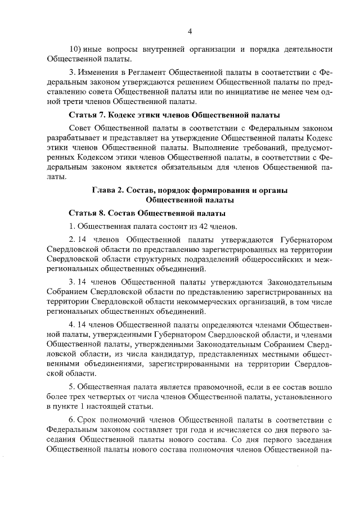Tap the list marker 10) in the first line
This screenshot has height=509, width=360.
(x=74, y=49)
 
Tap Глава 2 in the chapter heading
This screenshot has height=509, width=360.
(x=108, y=191)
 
